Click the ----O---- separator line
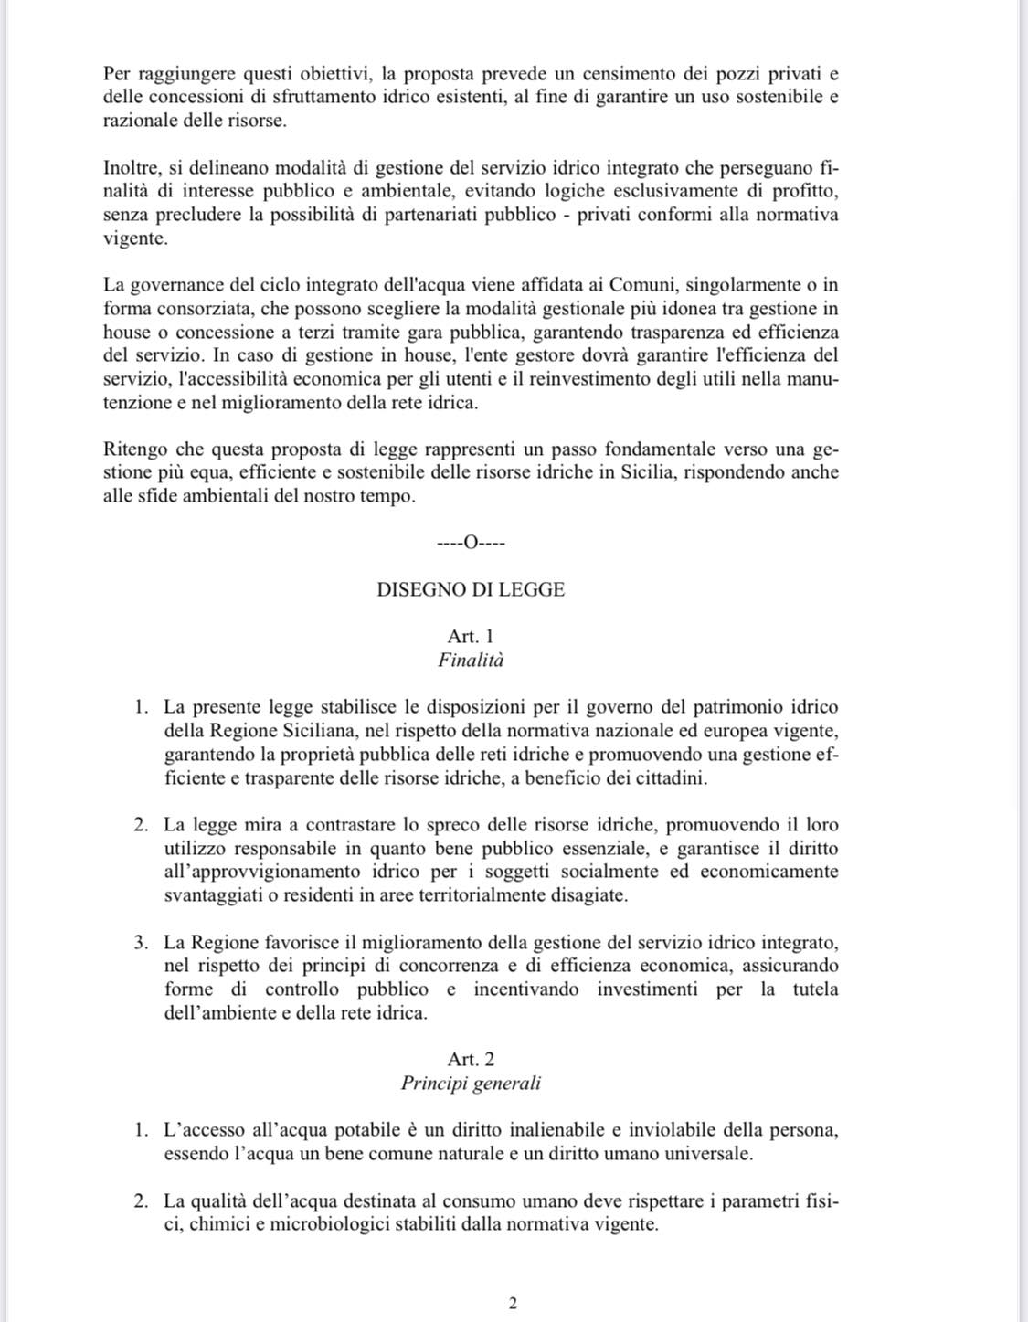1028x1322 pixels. pyautogui.click(x=472, y=544)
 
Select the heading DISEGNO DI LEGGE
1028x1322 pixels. pyautogui.click(x=471, y=590)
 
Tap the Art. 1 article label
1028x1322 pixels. pyautogui.click(x=471, y=637)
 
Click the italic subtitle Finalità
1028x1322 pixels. pyautogui.click(x=471, y=660)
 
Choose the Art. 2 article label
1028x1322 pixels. pyautogui.click(x=471, y=1060)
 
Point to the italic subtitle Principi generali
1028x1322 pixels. pyautogui.click(x=471, y=1084)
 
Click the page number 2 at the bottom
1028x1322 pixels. pyautogui.click(x=513, y=1304)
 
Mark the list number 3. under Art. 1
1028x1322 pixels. pyautogui.click(x=140, y=942)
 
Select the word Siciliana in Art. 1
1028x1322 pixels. pyautogui.click(x=314, y=731)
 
